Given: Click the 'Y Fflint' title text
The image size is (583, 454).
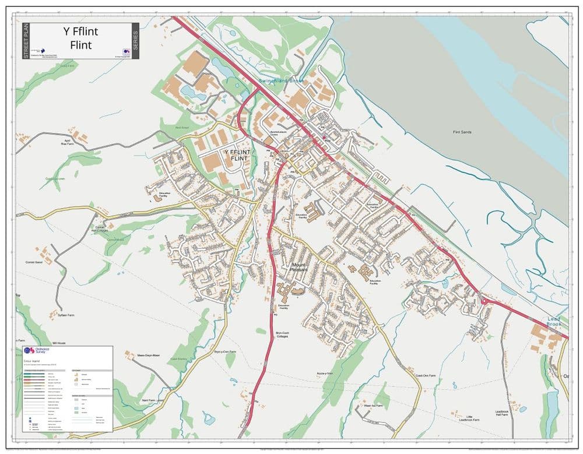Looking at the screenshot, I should [x=80, y=32].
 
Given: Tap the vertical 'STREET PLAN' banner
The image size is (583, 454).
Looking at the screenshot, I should [x=25, y=40].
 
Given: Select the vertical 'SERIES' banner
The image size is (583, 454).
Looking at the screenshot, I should [x=135, y=40].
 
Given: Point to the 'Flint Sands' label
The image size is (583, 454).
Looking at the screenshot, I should [x=462, y=132].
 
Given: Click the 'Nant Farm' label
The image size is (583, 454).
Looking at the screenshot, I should [x=149, y=400].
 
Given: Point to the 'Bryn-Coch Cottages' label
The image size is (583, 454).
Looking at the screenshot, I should [x=283, y=335].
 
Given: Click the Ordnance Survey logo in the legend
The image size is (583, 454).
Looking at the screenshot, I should [x=37, y=351].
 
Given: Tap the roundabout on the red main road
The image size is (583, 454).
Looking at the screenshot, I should [x=483, y=301].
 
